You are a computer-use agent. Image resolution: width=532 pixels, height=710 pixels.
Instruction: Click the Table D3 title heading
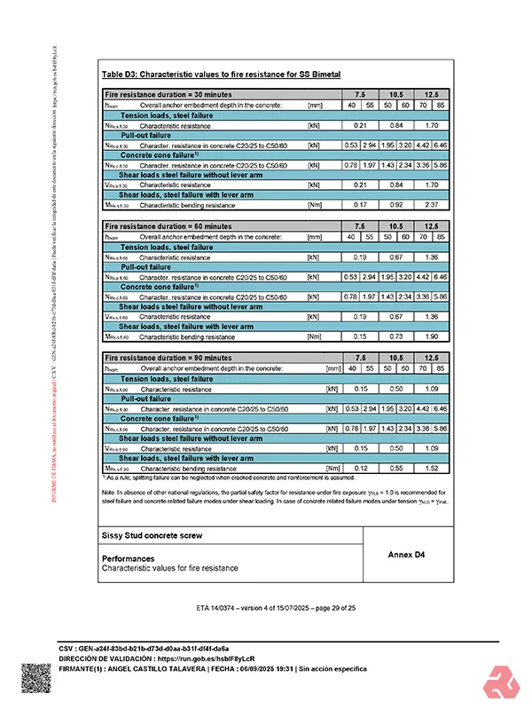(221, 74)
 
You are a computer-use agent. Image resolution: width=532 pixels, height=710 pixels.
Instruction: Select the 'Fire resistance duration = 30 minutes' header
(168, 94)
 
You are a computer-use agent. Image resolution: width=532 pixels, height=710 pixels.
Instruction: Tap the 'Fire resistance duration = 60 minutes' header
(168, 226)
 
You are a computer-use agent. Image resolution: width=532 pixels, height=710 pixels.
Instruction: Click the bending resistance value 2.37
(431, 205)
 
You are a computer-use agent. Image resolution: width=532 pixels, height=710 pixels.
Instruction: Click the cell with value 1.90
(431, 336)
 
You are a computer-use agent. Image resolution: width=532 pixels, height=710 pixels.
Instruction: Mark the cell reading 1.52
(431, 468)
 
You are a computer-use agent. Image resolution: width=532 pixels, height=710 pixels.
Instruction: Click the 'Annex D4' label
(407, 554)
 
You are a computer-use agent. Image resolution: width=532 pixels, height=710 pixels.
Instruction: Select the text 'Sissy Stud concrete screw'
(152, 535)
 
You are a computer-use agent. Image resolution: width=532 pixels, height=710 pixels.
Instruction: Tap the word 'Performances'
(129, 558)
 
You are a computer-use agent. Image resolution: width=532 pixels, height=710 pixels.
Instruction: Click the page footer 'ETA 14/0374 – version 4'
(265, 608)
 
